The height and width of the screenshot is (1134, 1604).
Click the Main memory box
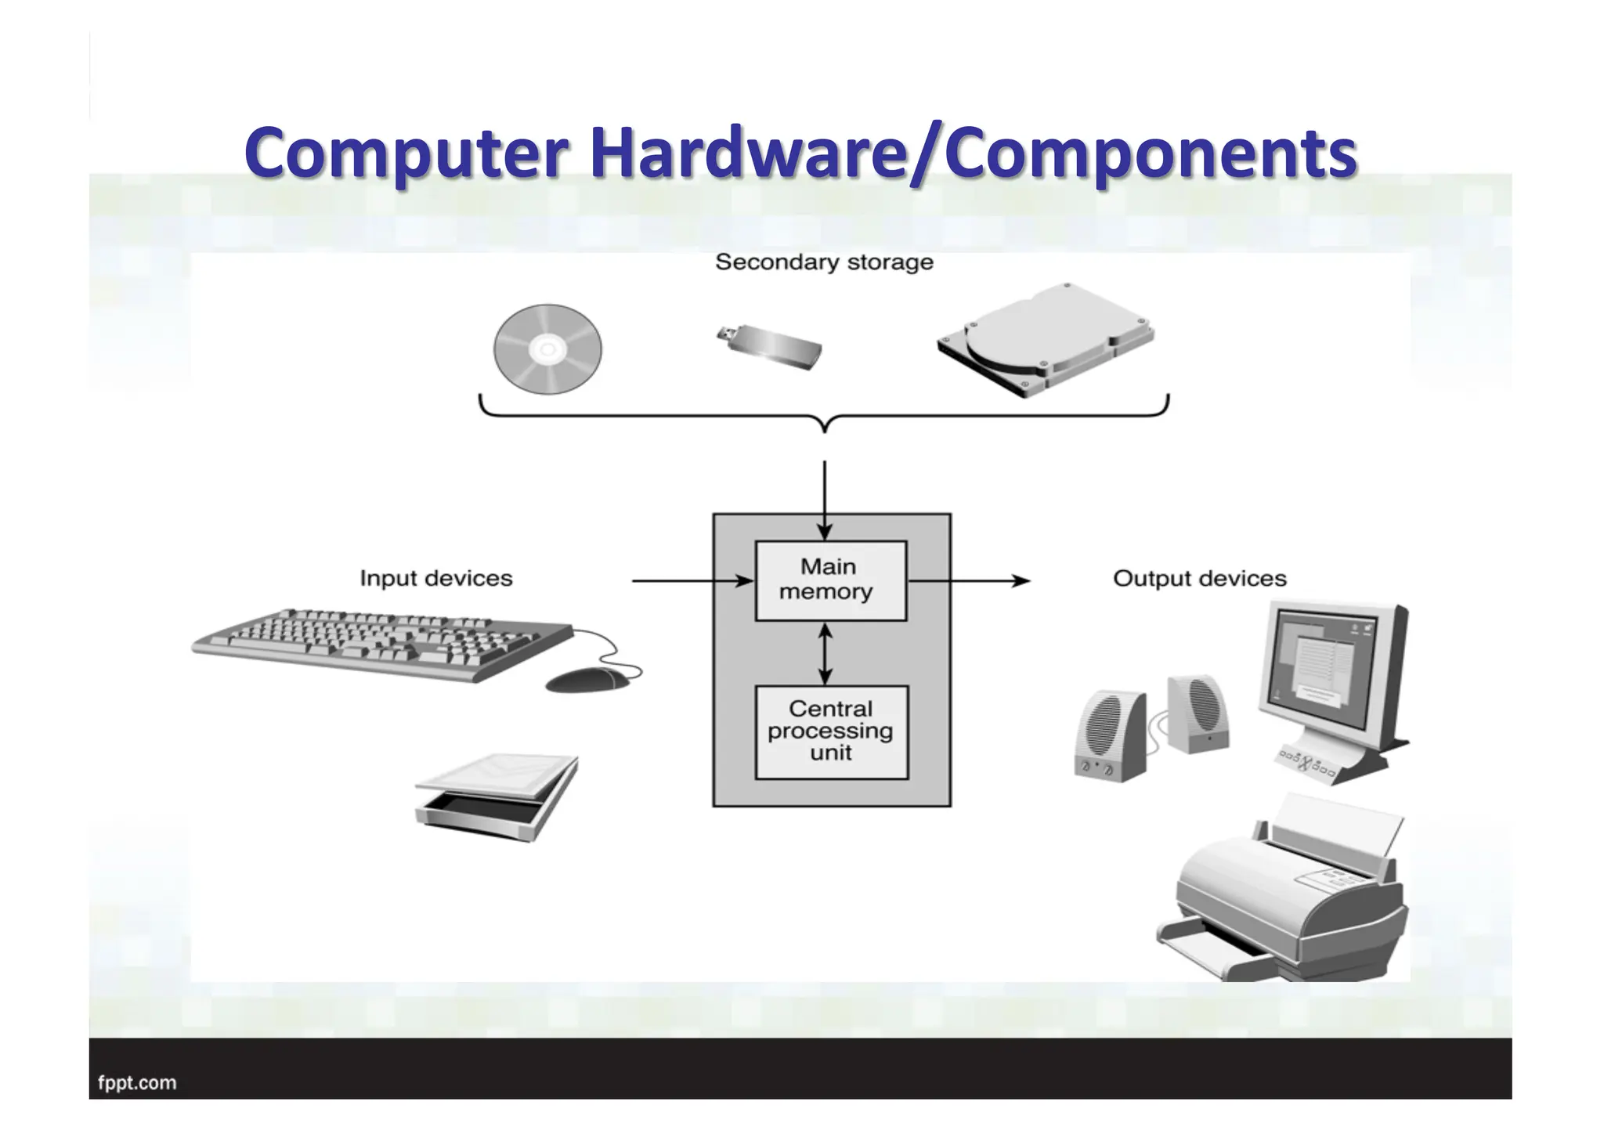(x=830, y=580)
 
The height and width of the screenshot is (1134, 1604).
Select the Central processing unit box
(x=831, y=731)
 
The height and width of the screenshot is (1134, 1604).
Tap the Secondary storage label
(x=824, y=262)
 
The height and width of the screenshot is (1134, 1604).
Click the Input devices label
(x=436, y=579)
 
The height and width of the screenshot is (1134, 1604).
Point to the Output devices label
(x=1199, y=579)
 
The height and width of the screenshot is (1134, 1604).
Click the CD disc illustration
(x=547, y=349)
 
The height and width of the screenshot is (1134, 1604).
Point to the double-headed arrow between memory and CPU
(x=824, y=653)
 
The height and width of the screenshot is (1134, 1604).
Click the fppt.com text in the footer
(x=137, y=1083)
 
